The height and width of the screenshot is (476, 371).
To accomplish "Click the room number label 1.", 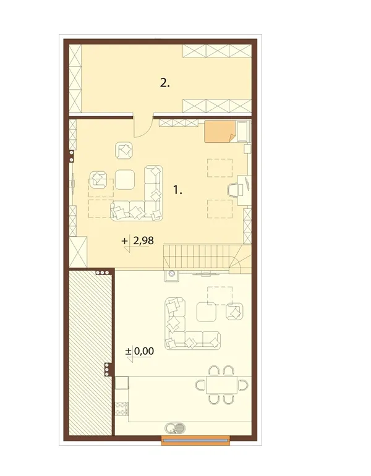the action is click(177, 190).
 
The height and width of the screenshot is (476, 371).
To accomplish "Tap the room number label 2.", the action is click(165, 83).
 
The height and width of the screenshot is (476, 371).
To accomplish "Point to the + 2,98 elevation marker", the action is click(138, 242).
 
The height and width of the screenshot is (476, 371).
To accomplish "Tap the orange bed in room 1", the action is click(220, 132).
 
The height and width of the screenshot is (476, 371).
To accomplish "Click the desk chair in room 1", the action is click(234, 190).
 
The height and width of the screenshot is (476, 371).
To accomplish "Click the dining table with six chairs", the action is click(222, 385).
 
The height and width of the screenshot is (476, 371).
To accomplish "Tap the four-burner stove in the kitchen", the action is click(121, 408).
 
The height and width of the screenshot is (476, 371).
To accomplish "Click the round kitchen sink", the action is click(175, 428).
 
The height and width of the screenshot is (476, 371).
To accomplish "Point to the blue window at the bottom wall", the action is click(195, 440).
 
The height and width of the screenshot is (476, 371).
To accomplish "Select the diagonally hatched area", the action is click(90, 352).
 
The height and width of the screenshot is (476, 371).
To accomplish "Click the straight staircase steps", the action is click(196, 257).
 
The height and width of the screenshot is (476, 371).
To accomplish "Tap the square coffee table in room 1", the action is click(125, 179).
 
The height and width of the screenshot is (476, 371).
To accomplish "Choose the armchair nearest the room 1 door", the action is click(124, 150).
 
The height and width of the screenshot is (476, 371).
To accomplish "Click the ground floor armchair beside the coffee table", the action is click(235, 311).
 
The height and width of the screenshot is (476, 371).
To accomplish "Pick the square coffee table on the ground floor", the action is click(207, 312).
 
